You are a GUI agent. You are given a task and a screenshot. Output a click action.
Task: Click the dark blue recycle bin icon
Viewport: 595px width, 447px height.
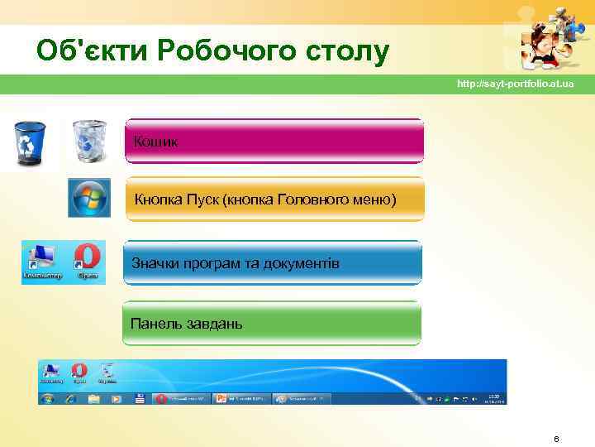tap(31, 142)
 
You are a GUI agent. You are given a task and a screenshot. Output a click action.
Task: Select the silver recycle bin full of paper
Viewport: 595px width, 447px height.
tap(89, 141)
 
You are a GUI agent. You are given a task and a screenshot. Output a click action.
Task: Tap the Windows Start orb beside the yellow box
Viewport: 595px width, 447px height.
tap(88, 199)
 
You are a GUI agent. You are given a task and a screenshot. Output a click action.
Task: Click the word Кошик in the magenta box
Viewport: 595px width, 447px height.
tap(155, 142)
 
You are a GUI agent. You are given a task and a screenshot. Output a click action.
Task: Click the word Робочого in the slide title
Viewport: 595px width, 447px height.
tap(237, 51)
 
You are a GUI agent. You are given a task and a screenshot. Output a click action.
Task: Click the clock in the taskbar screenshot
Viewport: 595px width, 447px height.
tap(494, 398)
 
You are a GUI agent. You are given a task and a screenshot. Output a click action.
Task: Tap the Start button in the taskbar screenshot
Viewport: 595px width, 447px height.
tap(47, 398)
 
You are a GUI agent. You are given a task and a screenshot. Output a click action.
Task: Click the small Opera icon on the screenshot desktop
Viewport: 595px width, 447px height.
tap(79, 372)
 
